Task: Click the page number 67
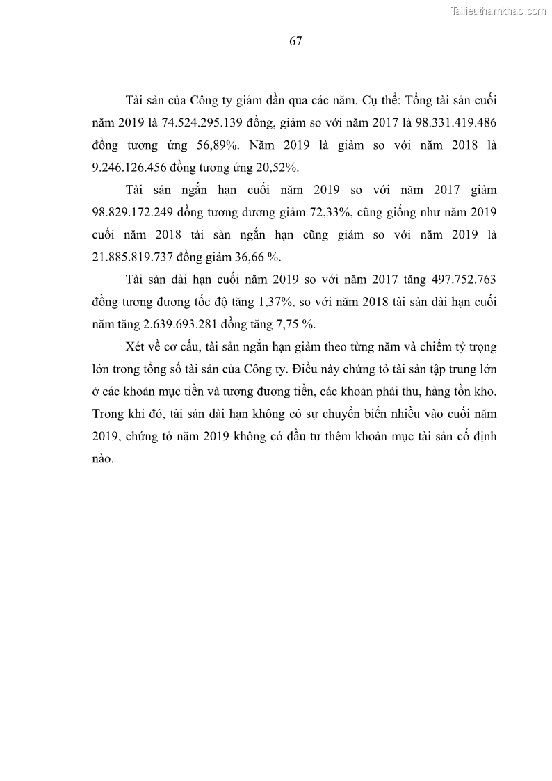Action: (x=295, y=41)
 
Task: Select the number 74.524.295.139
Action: (x=203, y=124)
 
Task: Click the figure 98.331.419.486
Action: (x=448, y=124)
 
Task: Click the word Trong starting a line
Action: (x=108, y=414)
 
